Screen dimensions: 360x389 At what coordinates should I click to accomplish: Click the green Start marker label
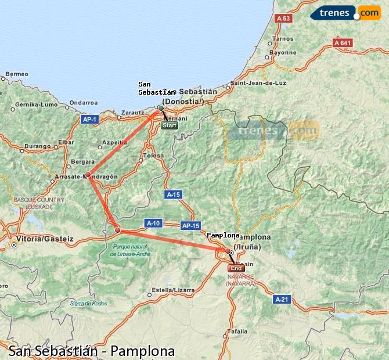tap(170, 125)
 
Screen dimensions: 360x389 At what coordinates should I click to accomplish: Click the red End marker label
tap(236, 268)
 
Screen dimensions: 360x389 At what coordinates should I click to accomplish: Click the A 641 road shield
tap(343, 43)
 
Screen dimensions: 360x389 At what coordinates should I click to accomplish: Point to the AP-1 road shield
tap(89, 120)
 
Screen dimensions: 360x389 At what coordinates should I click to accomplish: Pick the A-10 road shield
tap(153, 222)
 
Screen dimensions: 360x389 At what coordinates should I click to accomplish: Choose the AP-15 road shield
tap(190, 225)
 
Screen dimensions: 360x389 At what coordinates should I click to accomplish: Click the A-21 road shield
tap(282, 299)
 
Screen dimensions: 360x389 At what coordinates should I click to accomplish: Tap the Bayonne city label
tap(283, 52)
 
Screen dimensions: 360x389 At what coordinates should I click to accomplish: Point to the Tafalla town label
tap(237, 332)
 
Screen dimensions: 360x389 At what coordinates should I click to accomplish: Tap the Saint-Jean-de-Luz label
tap(259, 82)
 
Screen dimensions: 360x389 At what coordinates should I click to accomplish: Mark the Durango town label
tap(37, 146)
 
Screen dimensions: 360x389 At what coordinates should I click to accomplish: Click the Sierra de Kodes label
tap(89, 303)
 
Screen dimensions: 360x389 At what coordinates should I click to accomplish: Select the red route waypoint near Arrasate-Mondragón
tap(88, 174)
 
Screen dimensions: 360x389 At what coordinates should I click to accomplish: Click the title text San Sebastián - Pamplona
tap(91, 351)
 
